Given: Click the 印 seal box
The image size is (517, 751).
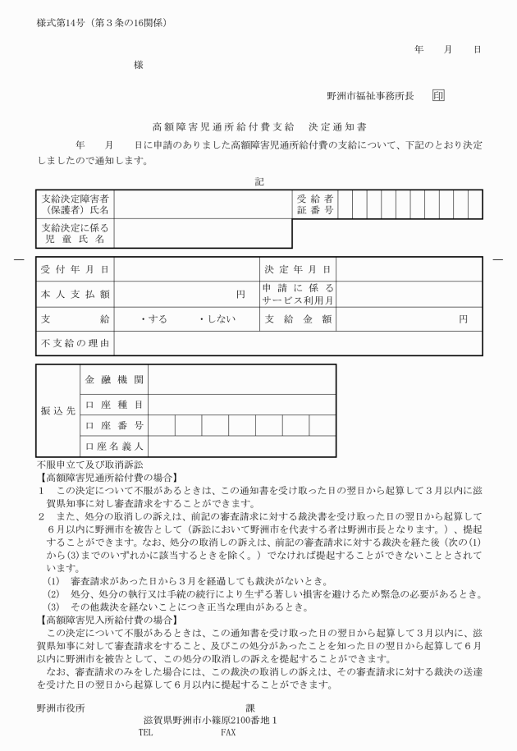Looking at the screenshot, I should tap(438, 96).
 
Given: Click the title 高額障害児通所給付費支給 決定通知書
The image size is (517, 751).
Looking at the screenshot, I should tap(259, 129).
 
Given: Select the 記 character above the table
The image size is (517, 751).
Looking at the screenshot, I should tap(259, 181).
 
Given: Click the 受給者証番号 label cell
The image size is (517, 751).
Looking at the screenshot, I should tap(315, 205).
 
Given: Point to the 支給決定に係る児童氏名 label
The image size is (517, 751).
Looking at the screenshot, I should tap(75, 233).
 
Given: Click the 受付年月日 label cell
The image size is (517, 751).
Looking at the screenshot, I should tap(75, 269).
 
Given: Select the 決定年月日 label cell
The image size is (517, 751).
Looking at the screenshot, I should tap(300, 269).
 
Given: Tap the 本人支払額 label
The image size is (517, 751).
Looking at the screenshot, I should tap(75, 293).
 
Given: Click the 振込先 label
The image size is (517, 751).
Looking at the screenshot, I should tap(58, 410).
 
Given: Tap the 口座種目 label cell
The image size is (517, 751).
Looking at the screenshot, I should tap(114, 405).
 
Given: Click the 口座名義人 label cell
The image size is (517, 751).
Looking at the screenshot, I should tap(114, 446).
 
